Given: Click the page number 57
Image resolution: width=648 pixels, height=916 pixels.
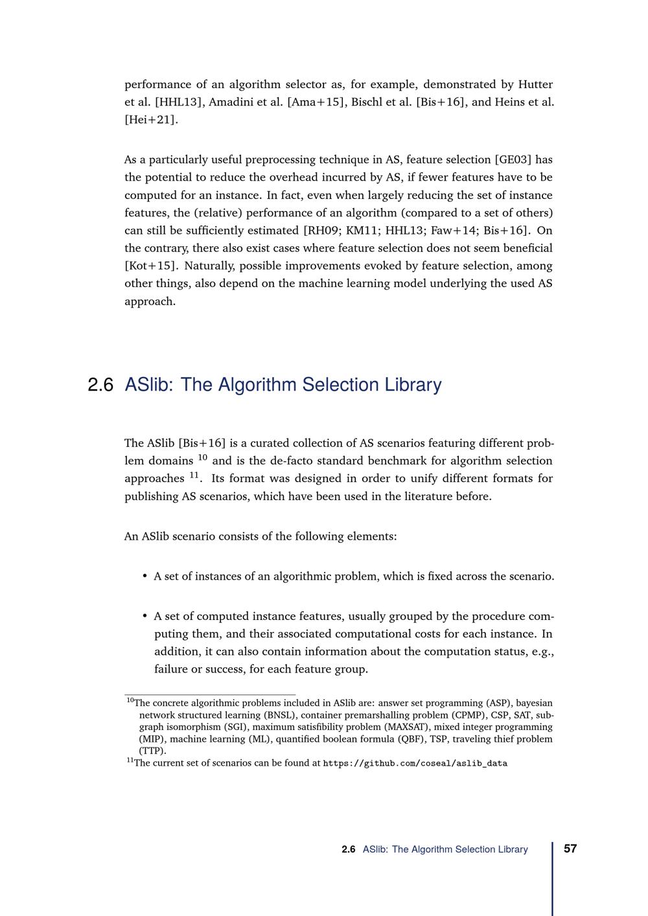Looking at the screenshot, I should [570, 849].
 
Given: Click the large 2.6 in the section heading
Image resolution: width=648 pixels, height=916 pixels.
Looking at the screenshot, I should [100, 385].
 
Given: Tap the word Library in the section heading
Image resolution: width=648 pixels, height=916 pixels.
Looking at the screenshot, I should [413, 385].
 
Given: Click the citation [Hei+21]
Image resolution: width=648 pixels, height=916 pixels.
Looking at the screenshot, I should [150, 119].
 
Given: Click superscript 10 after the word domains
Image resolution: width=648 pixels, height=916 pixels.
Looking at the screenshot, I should [202, 458].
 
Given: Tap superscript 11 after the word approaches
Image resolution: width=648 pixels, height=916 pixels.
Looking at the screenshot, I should [194, 475].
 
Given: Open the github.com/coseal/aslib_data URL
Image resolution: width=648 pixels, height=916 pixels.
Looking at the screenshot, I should [415, 763].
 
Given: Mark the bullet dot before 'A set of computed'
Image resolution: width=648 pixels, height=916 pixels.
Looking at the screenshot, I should [145, 616].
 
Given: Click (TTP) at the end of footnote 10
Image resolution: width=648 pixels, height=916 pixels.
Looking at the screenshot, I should [152, 751].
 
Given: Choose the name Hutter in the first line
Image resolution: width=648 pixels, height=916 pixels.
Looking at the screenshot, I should [535, 84].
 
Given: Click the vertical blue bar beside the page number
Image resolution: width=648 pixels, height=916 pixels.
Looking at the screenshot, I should [553, 878].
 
